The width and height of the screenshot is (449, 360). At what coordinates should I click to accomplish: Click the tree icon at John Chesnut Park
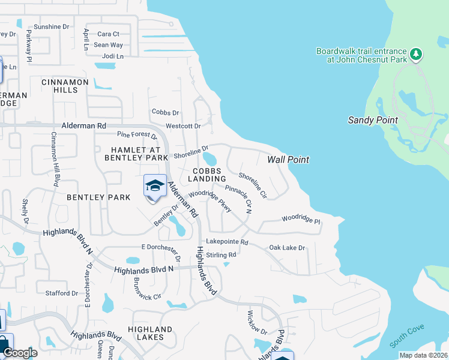(416, 55)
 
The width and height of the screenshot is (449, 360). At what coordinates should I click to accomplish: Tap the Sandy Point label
(373, 120)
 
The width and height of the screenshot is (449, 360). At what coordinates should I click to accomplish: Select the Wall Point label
(288, 160)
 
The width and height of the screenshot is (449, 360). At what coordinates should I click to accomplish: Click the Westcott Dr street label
(182, 126)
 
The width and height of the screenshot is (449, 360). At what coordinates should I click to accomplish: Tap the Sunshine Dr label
(52, 27)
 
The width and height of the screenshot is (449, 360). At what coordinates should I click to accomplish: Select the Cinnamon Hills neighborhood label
(65, 86)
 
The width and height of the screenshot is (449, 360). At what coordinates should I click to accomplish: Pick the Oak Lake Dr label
(287, 247)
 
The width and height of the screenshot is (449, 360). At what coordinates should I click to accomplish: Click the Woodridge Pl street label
(301, 219)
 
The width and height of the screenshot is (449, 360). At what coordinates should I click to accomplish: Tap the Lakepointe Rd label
(227, 242)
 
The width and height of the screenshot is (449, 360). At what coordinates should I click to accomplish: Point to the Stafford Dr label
(62, 293)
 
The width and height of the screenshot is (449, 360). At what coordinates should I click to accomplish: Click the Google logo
(20, 353)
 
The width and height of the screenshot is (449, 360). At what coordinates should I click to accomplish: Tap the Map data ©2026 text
(423, 355)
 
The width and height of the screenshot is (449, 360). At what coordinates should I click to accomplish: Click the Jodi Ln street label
(113, 56)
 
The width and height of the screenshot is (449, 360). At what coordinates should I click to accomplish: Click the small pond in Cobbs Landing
(209, 159)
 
